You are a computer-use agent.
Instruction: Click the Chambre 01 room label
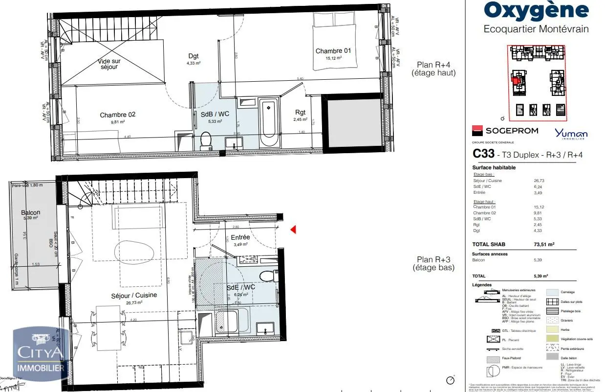click(333, 51)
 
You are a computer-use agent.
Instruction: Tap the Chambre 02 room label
click(117, 115)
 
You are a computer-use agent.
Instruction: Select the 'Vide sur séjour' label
click(109, 64)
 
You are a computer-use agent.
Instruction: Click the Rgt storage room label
click(301, 112)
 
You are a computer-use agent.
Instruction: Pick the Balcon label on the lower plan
click(30, 212)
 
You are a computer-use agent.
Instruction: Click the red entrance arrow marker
click(293, 229)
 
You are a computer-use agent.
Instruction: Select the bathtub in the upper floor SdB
click(268, 122)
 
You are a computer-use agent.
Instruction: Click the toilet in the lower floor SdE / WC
click(267, 276)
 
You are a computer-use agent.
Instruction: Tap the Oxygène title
click(536, 10)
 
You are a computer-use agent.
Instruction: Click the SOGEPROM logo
click(505, 131)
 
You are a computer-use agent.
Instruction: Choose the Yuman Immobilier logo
click(571, 133)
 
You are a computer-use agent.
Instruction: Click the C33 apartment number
click(483, 154)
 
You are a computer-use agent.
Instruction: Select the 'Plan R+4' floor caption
click(433, 69)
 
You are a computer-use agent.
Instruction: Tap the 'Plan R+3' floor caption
click(433, 263)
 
